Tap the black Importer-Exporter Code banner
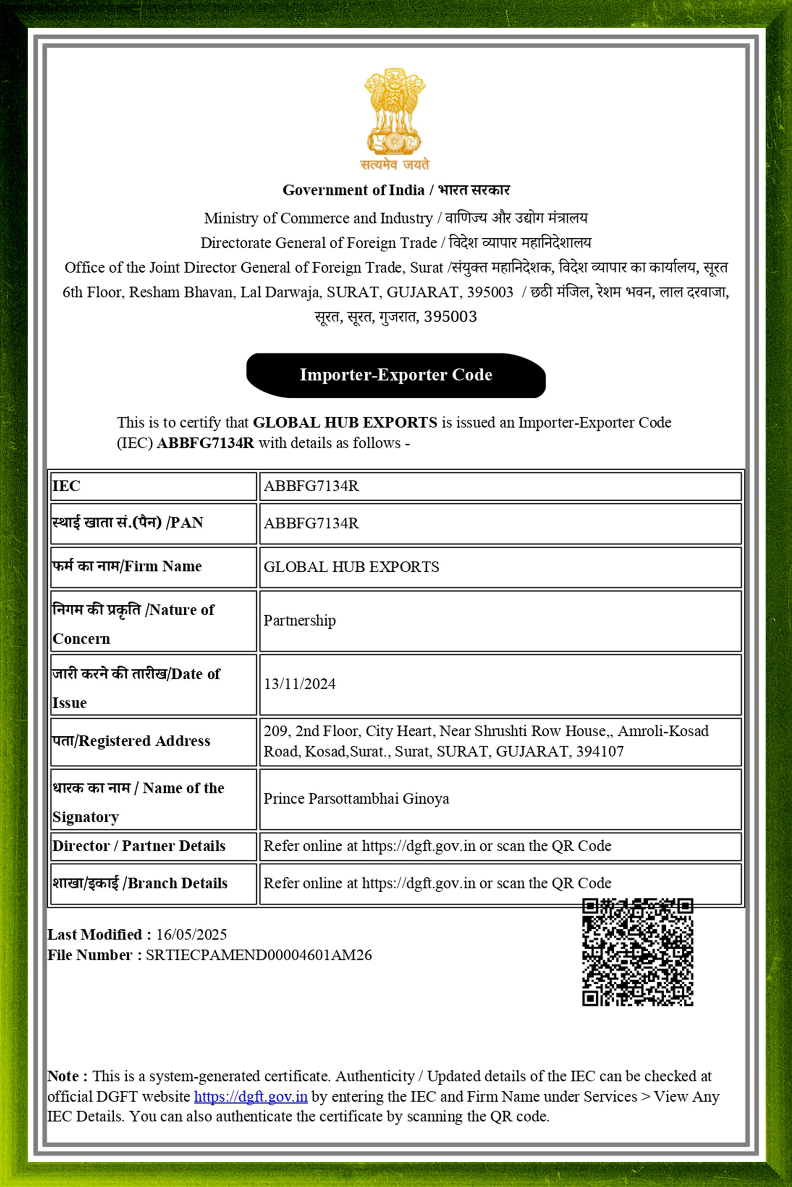click(395, 375)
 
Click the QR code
click(637, 952)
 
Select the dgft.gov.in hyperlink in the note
click(251, 1097)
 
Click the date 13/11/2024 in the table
click(300, 684)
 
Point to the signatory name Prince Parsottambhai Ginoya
click(356, 798)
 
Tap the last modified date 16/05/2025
click(192, 935)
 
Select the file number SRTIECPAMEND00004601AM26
click(258, 955)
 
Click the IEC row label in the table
click(66, 486)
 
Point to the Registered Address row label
click(131, 741)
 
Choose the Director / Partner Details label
click(139, 846)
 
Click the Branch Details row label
click(140, 883)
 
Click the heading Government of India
click(353, 190)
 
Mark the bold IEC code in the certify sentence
click(206, 443)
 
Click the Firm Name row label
click(127, 566)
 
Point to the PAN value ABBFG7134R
click(311, 523)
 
